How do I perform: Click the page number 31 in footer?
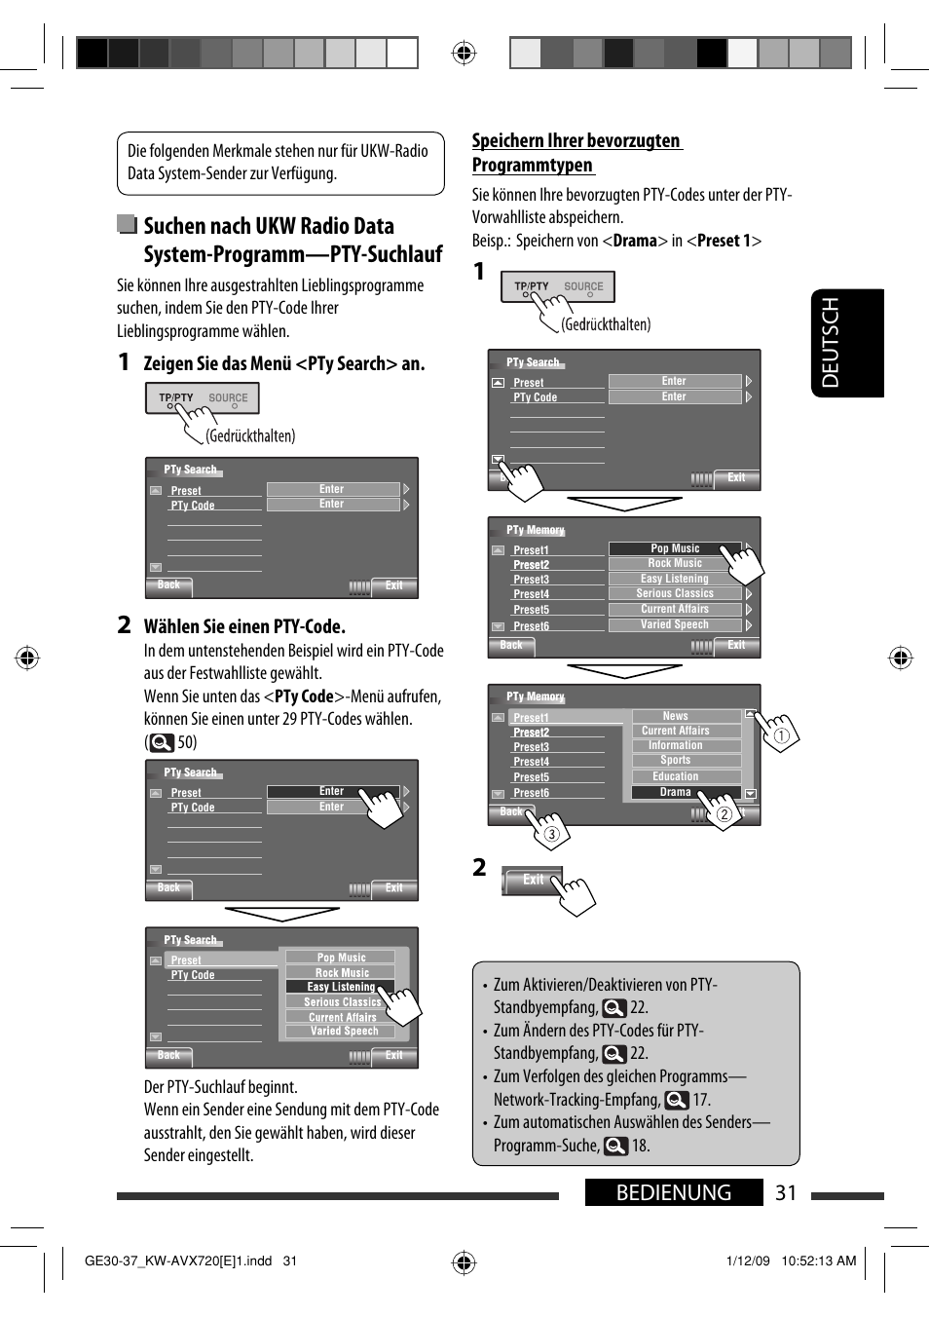pyautogui.click(x=786, y=1193)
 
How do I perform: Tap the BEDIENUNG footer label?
pyautogui.click(x=673, y=1193)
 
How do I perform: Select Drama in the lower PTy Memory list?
pyautogui.click(x=675, y=792)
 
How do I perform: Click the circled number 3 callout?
pyautogui.click(x=552, y=834)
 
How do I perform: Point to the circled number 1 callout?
pyautogui.click(x=781, y=736)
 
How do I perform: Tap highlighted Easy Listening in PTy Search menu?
pyautogui.click(x=340, y=987)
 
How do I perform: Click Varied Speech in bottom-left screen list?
pyautogui.click(x=344, y=1031)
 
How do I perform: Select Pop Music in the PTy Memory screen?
pyautogui.click(x=675, y=548)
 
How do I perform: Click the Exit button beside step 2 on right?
pyautogui.click(x=533, y=880)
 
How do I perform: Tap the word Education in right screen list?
pyautogui.click(x=675, y=776)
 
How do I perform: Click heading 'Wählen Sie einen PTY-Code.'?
pyautogui.click(x=244, y=626)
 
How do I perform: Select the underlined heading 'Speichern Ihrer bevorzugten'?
pyautogui.click(x=576, y=141)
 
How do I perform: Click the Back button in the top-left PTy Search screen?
pyautogui.click(x=168, y=585)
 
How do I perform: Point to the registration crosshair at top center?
pyautogui.click(x=464, y=53)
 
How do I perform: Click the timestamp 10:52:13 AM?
pyautogui.click(x=818, y=1261)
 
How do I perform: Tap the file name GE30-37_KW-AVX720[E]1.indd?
pyautogui.click(x=178, y=1261)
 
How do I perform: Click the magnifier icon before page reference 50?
pyautogui.click(x=162, y=742)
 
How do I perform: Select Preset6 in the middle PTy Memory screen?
pyautogui.click(x=531, y=626)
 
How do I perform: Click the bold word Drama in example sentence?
pyautogui.click(x=635, y=241)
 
